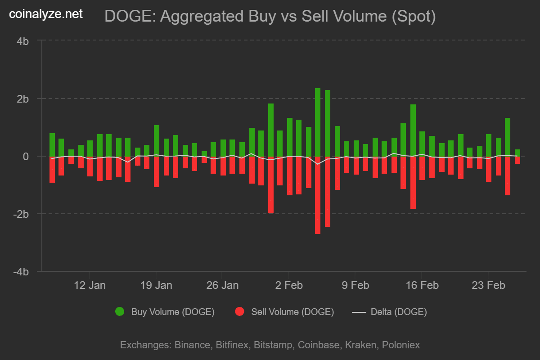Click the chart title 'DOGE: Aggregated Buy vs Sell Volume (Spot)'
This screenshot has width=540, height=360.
coord(270,17)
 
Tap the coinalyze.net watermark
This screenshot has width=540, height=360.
coord(46,14)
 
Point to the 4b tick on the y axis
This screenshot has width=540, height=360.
coord(23,41)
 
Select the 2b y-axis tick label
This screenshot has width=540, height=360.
coord(23,99)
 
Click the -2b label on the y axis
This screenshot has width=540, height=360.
coord(21,214)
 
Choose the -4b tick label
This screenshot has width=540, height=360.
coord(21,272)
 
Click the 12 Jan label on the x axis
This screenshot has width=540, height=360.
coord(90,285)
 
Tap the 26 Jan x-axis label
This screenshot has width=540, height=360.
coord(222,285)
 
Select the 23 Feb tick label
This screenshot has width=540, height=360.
coord(487,285)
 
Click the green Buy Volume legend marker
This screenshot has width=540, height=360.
coord(120,311)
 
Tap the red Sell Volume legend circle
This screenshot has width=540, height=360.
coord(240,311)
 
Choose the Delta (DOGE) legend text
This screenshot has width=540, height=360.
coord(399,311)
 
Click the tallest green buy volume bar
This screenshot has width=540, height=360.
coord(318,122)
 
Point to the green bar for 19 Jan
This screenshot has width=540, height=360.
coord(157,140)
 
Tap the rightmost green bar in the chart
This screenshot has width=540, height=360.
coord(517,153)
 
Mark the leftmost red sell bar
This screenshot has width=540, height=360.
coord(52,169)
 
